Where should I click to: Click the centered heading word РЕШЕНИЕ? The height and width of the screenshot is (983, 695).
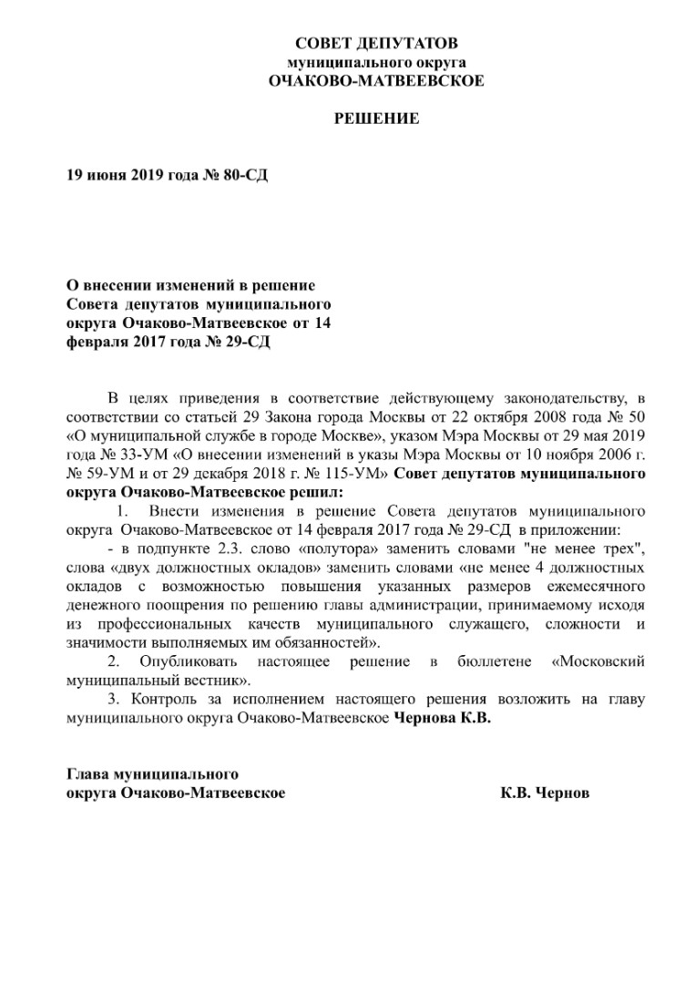tap(376, 118)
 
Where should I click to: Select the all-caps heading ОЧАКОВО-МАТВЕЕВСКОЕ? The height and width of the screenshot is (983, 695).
tap(376, 81)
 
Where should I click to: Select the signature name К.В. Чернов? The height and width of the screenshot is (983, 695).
tap(545, 794)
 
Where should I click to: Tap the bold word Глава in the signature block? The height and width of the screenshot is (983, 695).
tap(87, 774)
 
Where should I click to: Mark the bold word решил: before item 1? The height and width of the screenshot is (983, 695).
tap(312, 492)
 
